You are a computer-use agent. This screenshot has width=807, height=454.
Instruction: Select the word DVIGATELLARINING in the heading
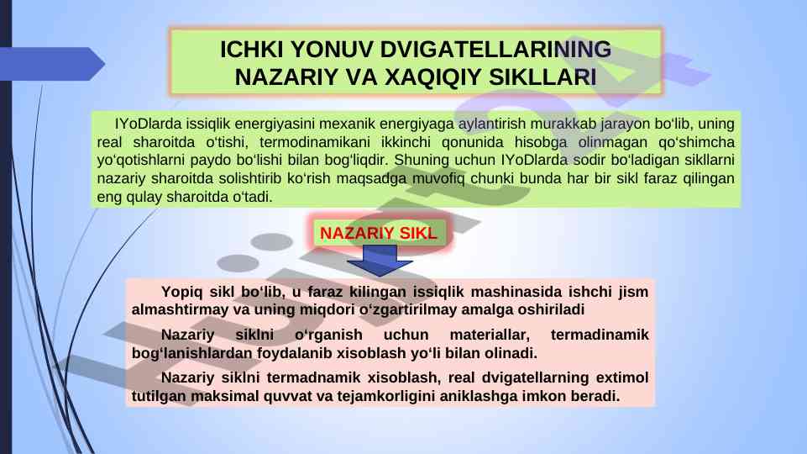point(495,50)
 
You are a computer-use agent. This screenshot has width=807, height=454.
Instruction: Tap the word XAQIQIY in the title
point(432,77)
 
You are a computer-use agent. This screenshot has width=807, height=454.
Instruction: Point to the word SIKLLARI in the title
point(542,77)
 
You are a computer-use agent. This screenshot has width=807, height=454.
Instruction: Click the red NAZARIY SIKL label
point(378,233)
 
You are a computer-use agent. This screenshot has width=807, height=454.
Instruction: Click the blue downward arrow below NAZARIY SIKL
point(380,261)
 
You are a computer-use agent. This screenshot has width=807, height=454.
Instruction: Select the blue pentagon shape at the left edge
point(52,64)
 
